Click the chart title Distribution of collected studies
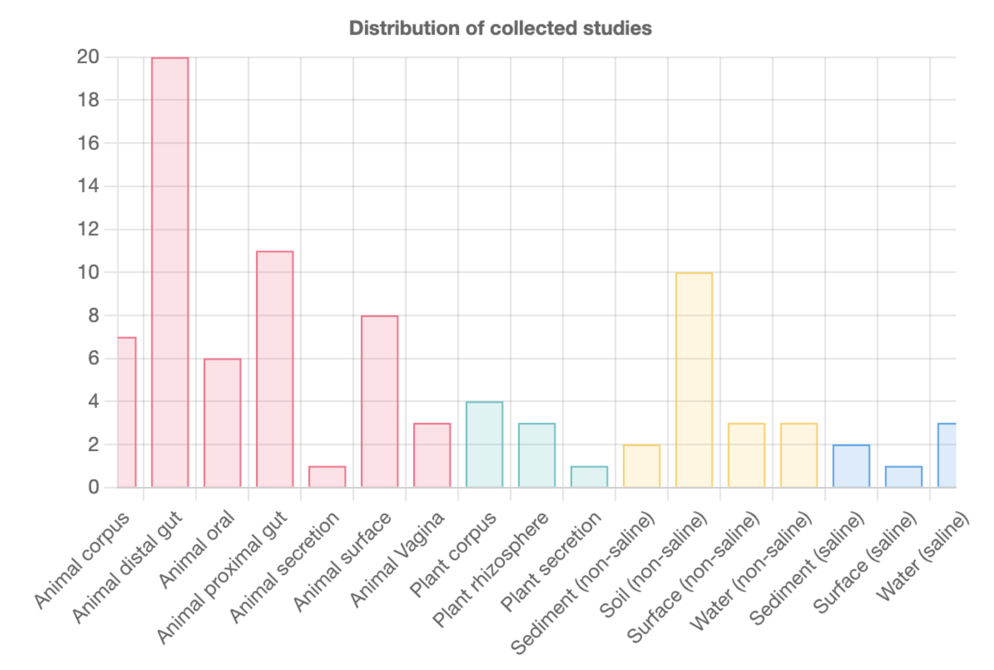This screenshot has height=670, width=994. [x=500, y=28]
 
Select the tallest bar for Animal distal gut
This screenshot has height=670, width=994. [x=170, y=272]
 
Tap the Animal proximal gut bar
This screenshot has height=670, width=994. [x=274, y=369]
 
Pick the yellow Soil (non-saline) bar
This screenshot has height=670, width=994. [x=694, y=379]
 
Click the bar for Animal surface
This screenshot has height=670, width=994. [x=379, y=401]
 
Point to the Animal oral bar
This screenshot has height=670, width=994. [x=222, y=423]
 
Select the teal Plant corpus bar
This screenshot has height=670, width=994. [x=484, y=444]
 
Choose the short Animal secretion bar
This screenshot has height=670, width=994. [x=327, y=477]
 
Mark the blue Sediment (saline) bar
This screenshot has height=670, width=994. [x=851, y=466]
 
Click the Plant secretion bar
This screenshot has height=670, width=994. [x=589, y=477]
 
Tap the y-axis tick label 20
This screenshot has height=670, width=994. [x=88, y=57]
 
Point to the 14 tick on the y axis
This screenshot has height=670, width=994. [x=88, y=186]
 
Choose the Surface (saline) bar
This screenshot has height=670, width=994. [x=903, y=477]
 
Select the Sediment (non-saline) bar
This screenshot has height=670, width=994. [x=641, y=466]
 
